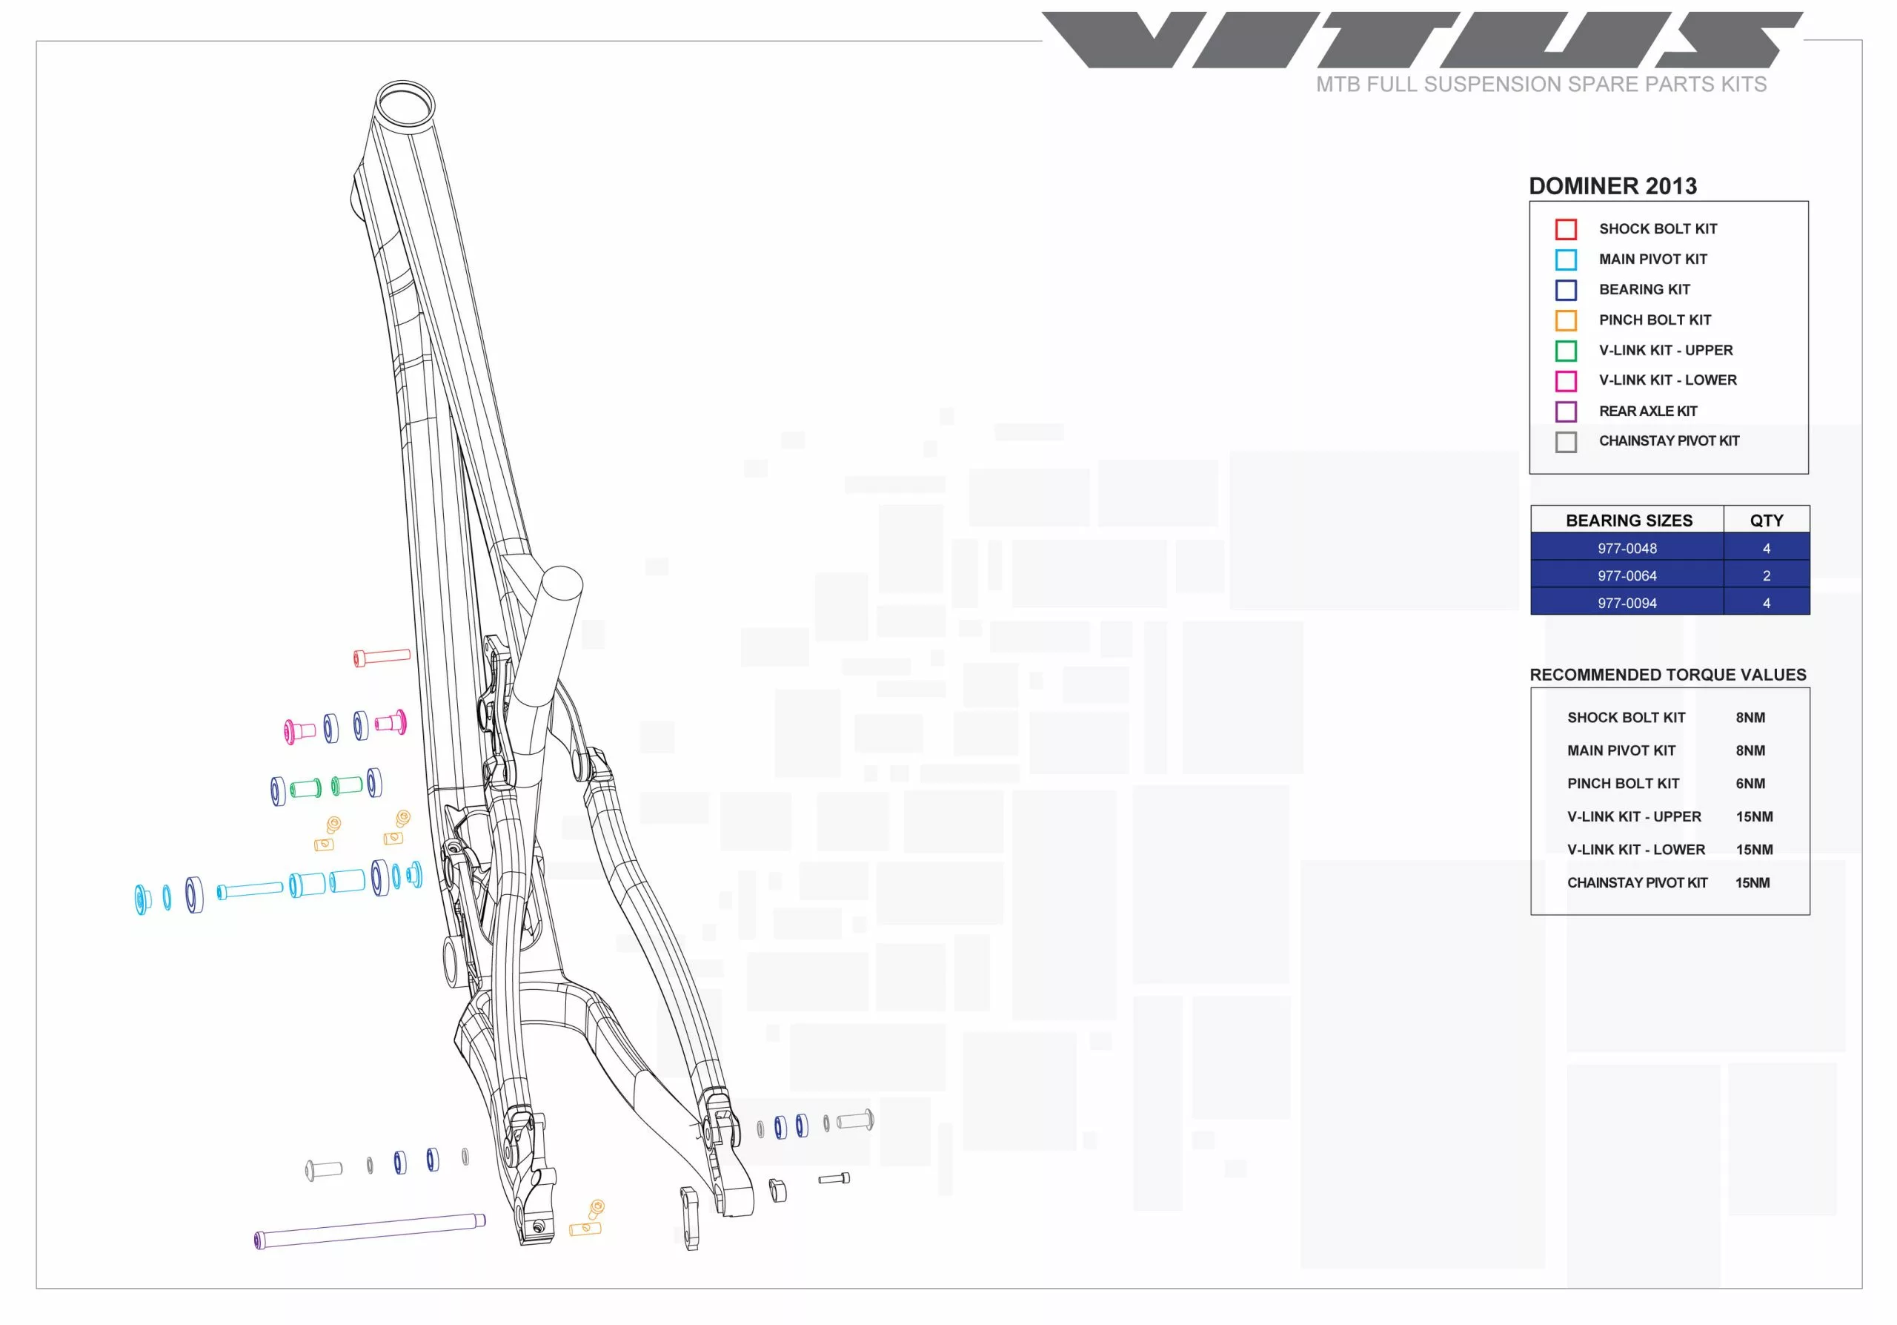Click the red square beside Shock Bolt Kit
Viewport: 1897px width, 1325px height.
tap(1566, 229)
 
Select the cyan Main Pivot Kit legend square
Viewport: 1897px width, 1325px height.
tap(1566, 260)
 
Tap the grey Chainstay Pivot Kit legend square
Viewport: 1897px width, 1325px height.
tap(1566, 442)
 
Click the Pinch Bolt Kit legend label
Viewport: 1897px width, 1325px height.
tap(1655, 320)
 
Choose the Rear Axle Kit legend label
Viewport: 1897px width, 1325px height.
tap(1648, 411)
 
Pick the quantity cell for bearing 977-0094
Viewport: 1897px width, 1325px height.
tap(1767, 603)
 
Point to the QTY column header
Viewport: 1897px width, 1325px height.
tap(1767, 520)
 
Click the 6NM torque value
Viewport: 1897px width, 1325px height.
tap(1750, 784)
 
